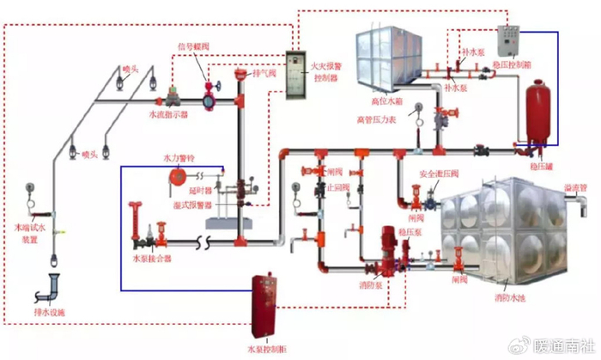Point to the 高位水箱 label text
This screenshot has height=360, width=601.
coord(387,101)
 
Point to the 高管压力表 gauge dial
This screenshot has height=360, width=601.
coord(417,109)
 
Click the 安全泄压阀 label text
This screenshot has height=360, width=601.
coord(435,174)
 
